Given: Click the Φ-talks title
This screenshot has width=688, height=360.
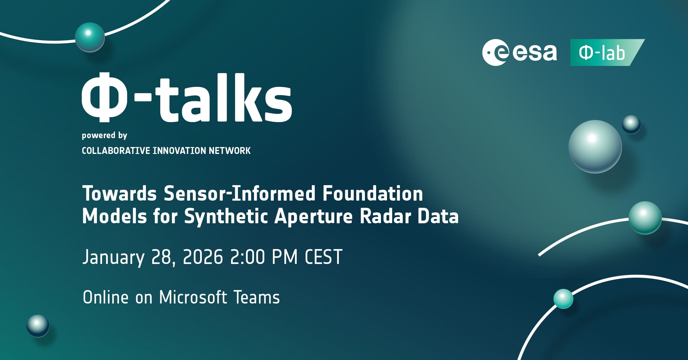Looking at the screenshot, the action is point(187,98).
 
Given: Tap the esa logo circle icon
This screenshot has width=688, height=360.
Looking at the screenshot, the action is point(494,52).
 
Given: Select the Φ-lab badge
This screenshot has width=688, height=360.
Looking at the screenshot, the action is point(607,52).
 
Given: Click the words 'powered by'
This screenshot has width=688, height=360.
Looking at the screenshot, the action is point(104,136).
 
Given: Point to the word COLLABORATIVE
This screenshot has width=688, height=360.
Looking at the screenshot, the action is point(116,150).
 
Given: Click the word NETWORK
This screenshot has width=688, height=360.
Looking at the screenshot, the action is point(230,150).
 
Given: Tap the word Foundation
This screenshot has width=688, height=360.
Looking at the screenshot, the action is point(373,194).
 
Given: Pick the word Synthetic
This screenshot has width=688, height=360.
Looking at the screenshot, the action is point(226,217).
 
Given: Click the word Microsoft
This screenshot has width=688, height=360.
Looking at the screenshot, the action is point(193,297).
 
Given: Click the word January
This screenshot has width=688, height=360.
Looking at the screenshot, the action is point(113,257).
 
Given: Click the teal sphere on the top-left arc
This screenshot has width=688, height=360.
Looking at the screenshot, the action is point(90,37).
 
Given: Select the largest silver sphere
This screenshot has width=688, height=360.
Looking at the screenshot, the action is point(595,147).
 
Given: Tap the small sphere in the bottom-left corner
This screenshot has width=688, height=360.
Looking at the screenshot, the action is point(38,326).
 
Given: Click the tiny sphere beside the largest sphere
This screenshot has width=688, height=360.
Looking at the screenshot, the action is point(631,124).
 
